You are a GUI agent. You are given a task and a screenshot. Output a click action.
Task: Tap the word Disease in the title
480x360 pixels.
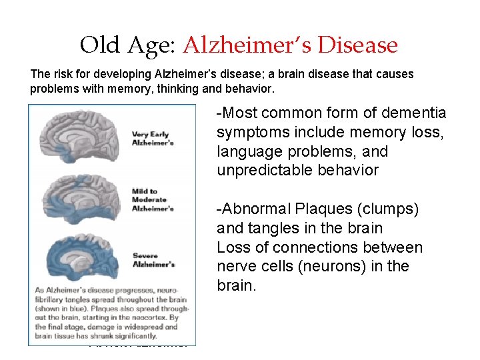[359, 45]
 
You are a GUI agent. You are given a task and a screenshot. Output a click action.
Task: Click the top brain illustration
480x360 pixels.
[83, 137]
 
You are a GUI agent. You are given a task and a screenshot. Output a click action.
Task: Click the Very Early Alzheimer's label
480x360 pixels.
[153, 138]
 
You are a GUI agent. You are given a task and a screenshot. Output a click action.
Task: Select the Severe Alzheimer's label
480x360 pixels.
[154, 259]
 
